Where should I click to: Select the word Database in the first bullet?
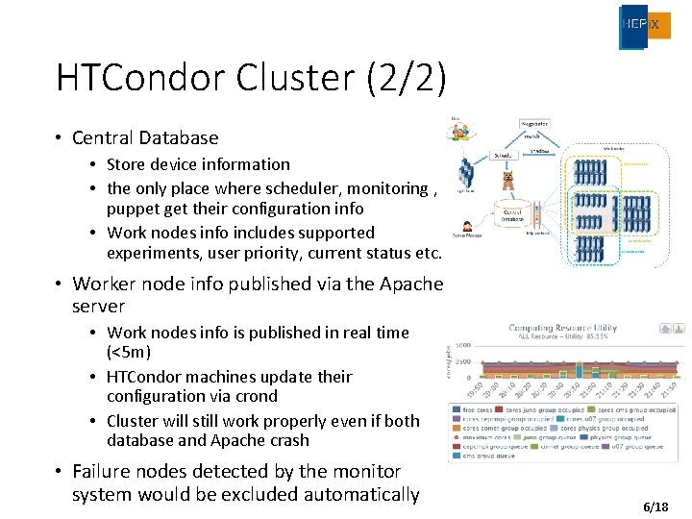click(177, 138)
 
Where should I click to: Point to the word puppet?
click(134, 209)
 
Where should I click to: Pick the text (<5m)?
click(129, 352)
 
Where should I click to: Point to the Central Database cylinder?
click(512, 214)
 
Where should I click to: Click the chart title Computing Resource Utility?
click(564, 328)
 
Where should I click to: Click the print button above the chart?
click(665, 329)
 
